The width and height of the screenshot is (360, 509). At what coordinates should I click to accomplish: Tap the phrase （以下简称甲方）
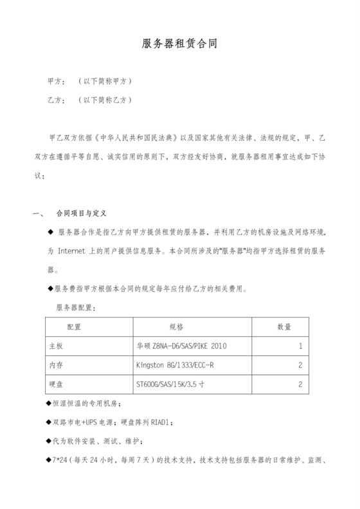point(104,83)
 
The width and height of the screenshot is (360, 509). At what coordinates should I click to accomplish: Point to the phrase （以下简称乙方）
point(104,101)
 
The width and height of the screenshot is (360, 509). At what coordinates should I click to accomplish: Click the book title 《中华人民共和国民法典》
point(138,138)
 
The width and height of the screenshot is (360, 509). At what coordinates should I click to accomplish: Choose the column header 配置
point(75,326)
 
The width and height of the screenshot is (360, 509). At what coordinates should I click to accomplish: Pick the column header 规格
point(176,326)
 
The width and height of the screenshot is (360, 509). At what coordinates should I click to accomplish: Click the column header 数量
point(284,326)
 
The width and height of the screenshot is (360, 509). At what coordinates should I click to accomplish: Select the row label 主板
point(57,346)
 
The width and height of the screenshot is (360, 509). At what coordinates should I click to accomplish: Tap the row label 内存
point(57,365)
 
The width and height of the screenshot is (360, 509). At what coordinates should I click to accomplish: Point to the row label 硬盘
point(57,384)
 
